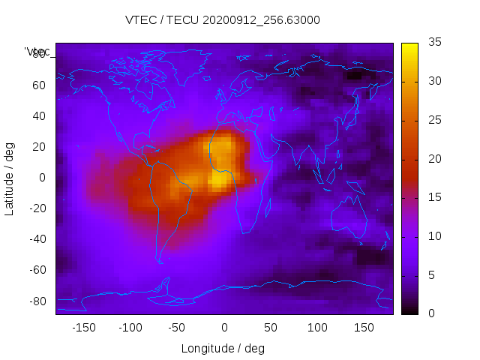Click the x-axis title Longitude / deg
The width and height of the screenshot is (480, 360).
[223, 348]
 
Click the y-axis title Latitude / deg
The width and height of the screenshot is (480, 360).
[10, 178]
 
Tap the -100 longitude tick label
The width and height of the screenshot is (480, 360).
[130, 328]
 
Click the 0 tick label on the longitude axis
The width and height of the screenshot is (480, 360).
[223, 328]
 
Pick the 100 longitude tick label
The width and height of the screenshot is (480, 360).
[317, 328]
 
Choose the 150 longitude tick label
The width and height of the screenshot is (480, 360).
[364, 328]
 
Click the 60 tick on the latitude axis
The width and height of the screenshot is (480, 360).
[39, 85]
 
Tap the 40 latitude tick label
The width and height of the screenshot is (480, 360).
[39, 115]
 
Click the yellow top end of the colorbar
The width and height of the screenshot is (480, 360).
[409, 46]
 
